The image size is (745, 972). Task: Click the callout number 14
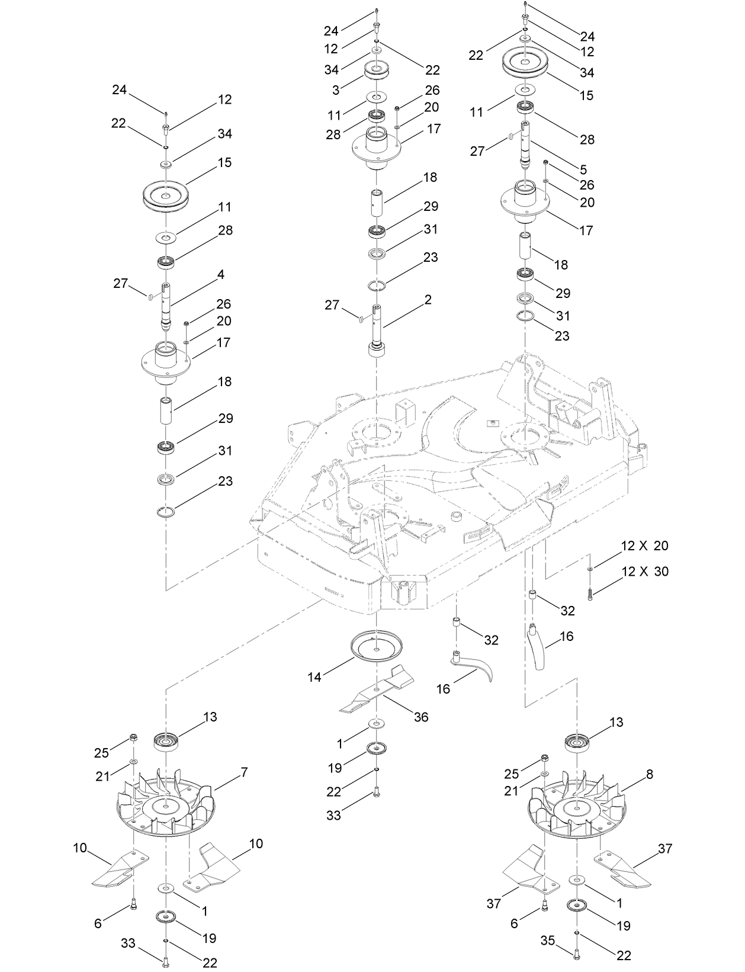pyautogui.click(x=314, y=676)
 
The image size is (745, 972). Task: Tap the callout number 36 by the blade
pyautogui.click(x=421, y=717)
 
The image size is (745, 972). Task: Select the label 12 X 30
pyautogui.click(x=645, y=571)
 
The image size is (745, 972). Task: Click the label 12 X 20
pyautogui.click(x=645, y=545)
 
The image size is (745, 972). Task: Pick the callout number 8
pyautogui.click(x=650, y=774)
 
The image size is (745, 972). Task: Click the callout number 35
pyautogui.click(x=547, y=939)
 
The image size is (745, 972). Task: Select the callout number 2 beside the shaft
pyautogui.click(x=428, y=300)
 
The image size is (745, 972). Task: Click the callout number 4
pyautogui.click(x=220, y=274)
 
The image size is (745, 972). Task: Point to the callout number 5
pyautogui.click(x=583, y=169)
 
